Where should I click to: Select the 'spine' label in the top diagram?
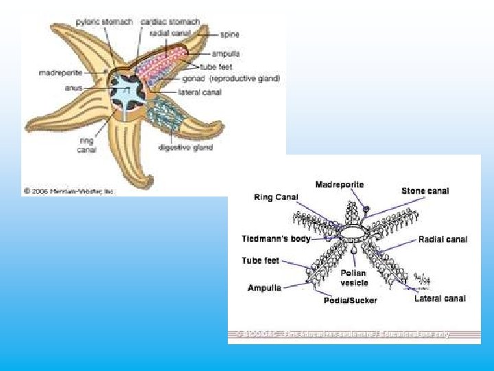click(x=230, y=33)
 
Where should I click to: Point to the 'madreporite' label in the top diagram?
click(x=60, y=71)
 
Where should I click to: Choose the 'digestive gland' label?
click(x=185, y=147)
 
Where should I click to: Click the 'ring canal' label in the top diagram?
click(x=86, y=145)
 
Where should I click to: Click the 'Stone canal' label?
click(x=425, y=190)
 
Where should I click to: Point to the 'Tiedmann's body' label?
click(x=276, y=239)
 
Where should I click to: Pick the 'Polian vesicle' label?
click(x=354, y=278)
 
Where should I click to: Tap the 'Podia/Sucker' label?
click(x=350, y=300)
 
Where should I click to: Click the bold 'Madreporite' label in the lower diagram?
click(x=340, y=184)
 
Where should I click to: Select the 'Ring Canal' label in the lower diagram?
click(x=276, y=197)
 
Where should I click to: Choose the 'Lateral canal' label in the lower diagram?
click(x=440, y=298)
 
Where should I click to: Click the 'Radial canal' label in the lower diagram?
click(x=443, y=239)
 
